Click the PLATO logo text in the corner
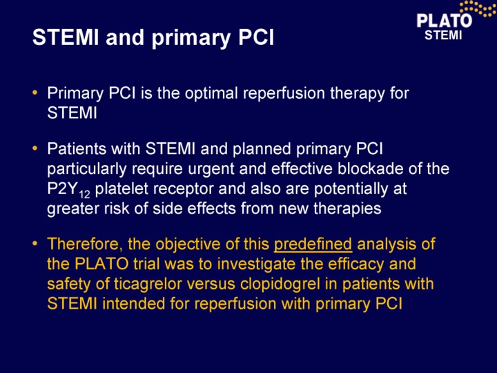point(444,21)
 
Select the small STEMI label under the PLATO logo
point(443,35)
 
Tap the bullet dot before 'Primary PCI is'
point(35,93)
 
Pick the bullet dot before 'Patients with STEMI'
point(35,149)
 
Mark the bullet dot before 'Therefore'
point(35,244)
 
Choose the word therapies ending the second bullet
point(347,209)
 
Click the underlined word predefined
point(313,245)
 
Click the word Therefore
point(85,245)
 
